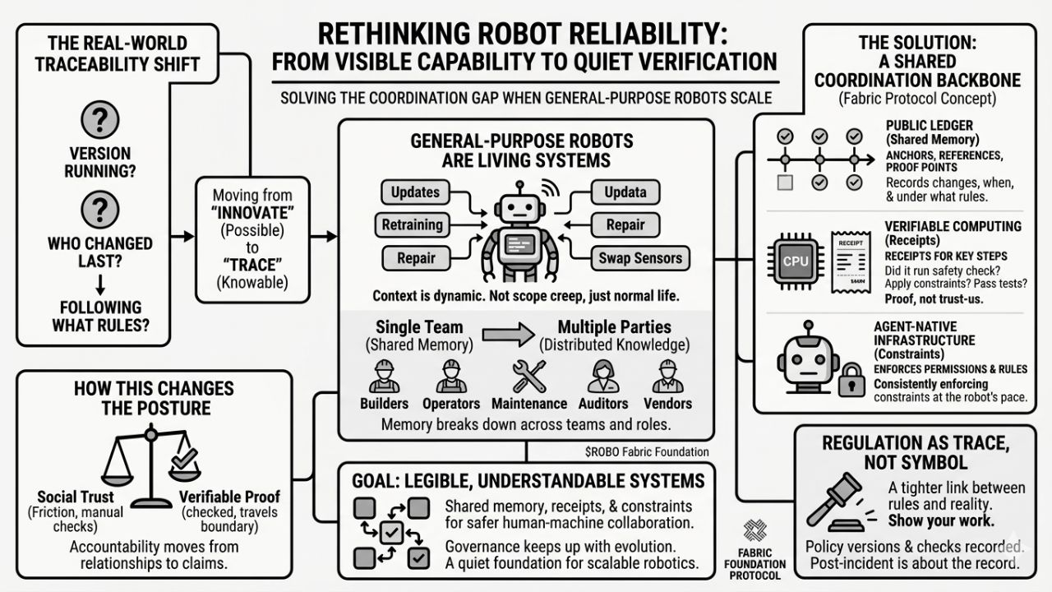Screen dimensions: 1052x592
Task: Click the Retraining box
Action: click(412, 224)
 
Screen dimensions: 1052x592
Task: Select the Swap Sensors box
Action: click(639, 257)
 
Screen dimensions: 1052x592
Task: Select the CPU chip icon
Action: click(795, 261)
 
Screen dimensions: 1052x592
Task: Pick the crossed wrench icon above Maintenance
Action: click(528, 377)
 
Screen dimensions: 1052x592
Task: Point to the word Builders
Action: click(385, 404)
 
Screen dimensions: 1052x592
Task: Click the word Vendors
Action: click(667, 404)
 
